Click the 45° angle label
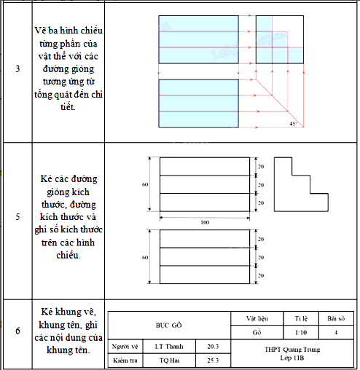pos(293,124)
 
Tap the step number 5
pos(17,216)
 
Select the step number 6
pos(17,331)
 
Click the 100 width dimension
pos(205,222)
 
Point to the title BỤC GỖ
pos(169,325)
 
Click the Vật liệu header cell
pos(257,318)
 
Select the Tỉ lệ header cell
pos(301,318)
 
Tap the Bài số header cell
pos(336,318)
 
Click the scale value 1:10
pos(301,332)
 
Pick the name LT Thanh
pos(169,347)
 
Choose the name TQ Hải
pos(169,361)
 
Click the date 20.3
pos(213,347)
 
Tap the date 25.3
pos(213,361)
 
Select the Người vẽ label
pos(125,347)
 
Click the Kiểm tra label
pos(125,361)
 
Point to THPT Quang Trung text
pos(292,350)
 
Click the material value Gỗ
pos(257,332)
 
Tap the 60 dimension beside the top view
pos(145,257)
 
